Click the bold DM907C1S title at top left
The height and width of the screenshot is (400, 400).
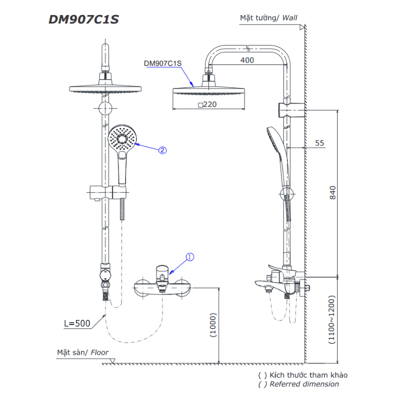(83, 19)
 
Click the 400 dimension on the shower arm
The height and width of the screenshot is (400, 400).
(247, 60)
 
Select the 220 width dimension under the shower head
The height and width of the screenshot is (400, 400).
(210, 104)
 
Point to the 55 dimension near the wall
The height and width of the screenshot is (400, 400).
(319, 143)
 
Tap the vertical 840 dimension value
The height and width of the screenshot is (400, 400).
(332, 192)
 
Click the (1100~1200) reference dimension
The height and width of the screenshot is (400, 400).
(331, 319)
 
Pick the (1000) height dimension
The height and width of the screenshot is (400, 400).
(213, 325)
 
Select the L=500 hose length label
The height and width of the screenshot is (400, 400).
(77, 323)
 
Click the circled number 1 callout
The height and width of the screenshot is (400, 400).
(190, 257)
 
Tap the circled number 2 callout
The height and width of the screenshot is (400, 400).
(162, 150)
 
